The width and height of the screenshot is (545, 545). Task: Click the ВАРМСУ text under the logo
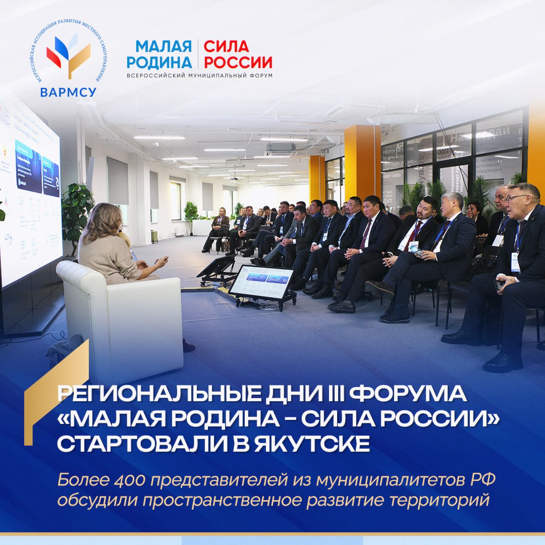(68, 92)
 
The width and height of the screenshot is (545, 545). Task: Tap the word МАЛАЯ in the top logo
(163, 46)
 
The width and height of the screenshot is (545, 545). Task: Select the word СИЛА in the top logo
(227, 46)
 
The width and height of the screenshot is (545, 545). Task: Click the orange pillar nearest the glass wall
(362, 161)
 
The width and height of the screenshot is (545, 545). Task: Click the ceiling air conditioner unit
(281, 150)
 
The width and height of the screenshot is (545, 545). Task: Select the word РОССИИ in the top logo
(238, 63)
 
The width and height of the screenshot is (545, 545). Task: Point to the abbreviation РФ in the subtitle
(483, 479)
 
